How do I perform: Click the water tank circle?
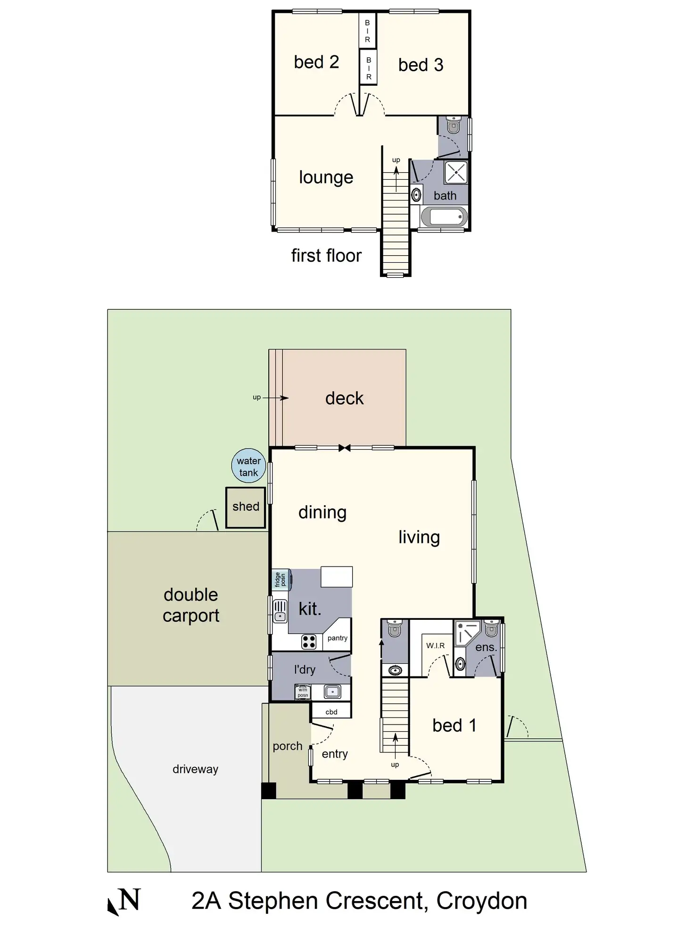click(248, 466)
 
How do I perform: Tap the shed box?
click(245, 507)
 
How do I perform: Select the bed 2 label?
click(316, 62)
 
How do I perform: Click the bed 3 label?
click(421, 65)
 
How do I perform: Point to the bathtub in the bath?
click(444, 217)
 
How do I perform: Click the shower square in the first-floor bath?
click(455, 173)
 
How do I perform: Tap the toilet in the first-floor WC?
click(454, 125)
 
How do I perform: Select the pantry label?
click(338, 638)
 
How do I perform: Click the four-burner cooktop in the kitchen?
click(309, 642)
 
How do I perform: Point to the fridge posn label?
click(280, 579)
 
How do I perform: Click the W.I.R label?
click(435, 645)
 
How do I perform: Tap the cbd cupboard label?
click(331, 712)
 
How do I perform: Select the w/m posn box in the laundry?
click(303, 692)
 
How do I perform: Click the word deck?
click(344, 399)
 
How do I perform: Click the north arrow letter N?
click(130, 900)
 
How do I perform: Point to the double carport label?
click(191, 605)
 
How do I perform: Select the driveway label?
click(195, 769)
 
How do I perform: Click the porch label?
click(287, 746)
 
